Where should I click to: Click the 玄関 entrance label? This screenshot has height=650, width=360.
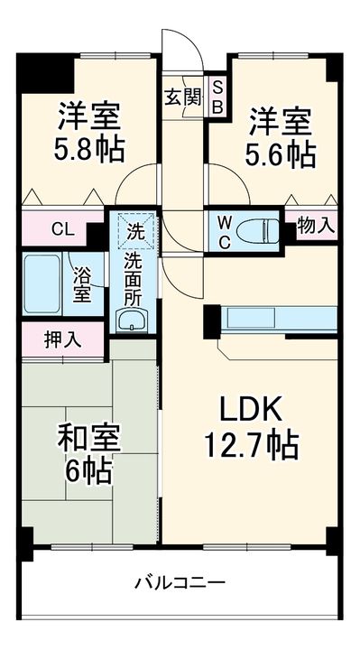coord(182,97)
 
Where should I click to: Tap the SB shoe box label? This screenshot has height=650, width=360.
coord(217,97)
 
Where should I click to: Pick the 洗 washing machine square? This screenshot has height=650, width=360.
coord(135,229)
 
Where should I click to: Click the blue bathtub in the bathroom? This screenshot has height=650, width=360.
coord(43,283)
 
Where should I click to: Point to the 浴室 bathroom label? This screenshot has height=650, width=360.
coord(82,283)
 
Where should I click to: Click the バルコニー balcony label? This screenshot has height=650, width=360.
coord(181,583)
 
